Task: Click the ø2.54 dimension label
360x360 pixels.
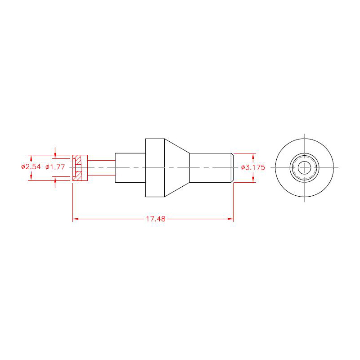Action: pos(31,166)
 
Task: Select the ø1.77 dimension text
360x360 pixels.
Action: pos(55,166)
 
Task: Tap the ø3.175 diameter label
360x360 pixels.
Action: pos(253,167)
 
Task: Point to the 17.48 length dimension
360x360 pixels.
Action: pos(156,219)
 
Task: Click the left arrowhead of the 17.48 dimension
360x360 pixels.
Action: pos(76,219)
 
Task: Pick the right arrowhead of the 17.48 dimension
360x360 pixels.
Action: pos(230,219)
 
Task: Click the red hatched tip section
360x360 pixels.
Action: pos(80,168)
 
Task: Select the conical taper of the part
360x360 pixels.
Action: pos(177,168)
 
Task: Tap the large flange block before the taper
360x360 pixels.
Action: pos(155,168)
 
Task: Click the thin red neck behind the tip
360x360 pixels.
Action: pos(101,168)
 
